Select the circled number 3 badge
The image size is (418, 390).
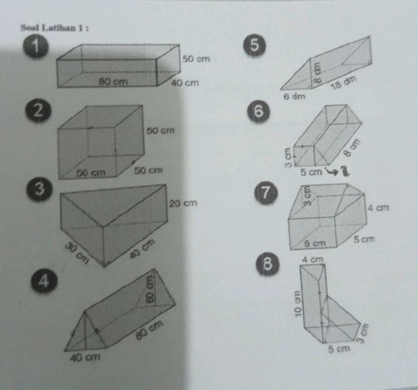(41, 190)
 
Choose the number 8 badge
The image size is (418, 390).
(267, 264)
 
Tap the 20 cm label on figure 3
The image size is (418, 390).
(184, 204)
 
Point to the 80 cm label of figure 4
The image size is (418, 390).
(150, 330)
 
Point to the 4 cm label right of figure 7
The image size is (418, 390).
(378, 208)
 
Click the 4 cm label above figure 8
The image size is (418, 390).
(313, 259)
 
